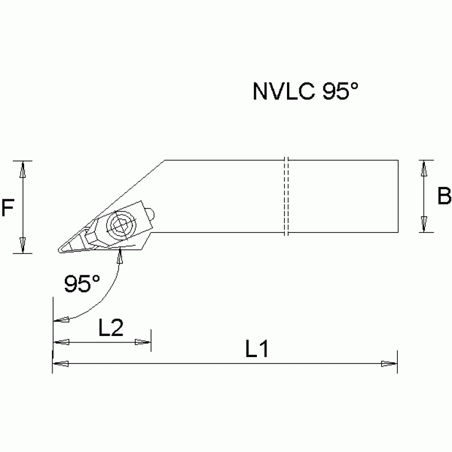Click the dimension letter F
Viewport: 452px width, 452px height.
pos(8,207)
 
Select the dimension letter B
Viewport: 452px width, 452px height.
pos(444,196)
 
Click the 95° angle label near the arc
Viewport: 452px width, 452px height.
pos(82,285)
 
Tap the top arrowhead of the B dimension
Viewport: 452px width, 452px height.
pos(423,169)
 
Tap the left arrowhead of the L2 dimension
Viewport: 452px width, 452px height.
pos(61,342)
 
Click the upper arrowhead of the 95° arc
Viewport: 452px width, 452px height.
pos(121,256)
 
